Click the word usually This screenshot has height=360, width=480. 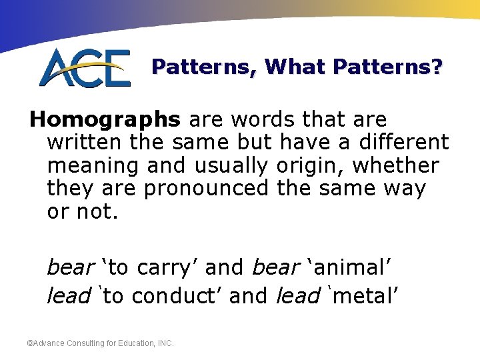232,165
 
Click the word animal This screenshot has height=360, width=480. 351,267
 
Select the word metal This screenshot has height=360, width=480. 361,295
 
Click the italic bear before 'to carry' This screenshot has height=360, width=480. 70,267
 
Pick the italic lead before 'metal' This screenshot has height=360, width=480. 298,295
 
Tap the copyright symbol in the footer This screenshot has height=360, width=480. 29,343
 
